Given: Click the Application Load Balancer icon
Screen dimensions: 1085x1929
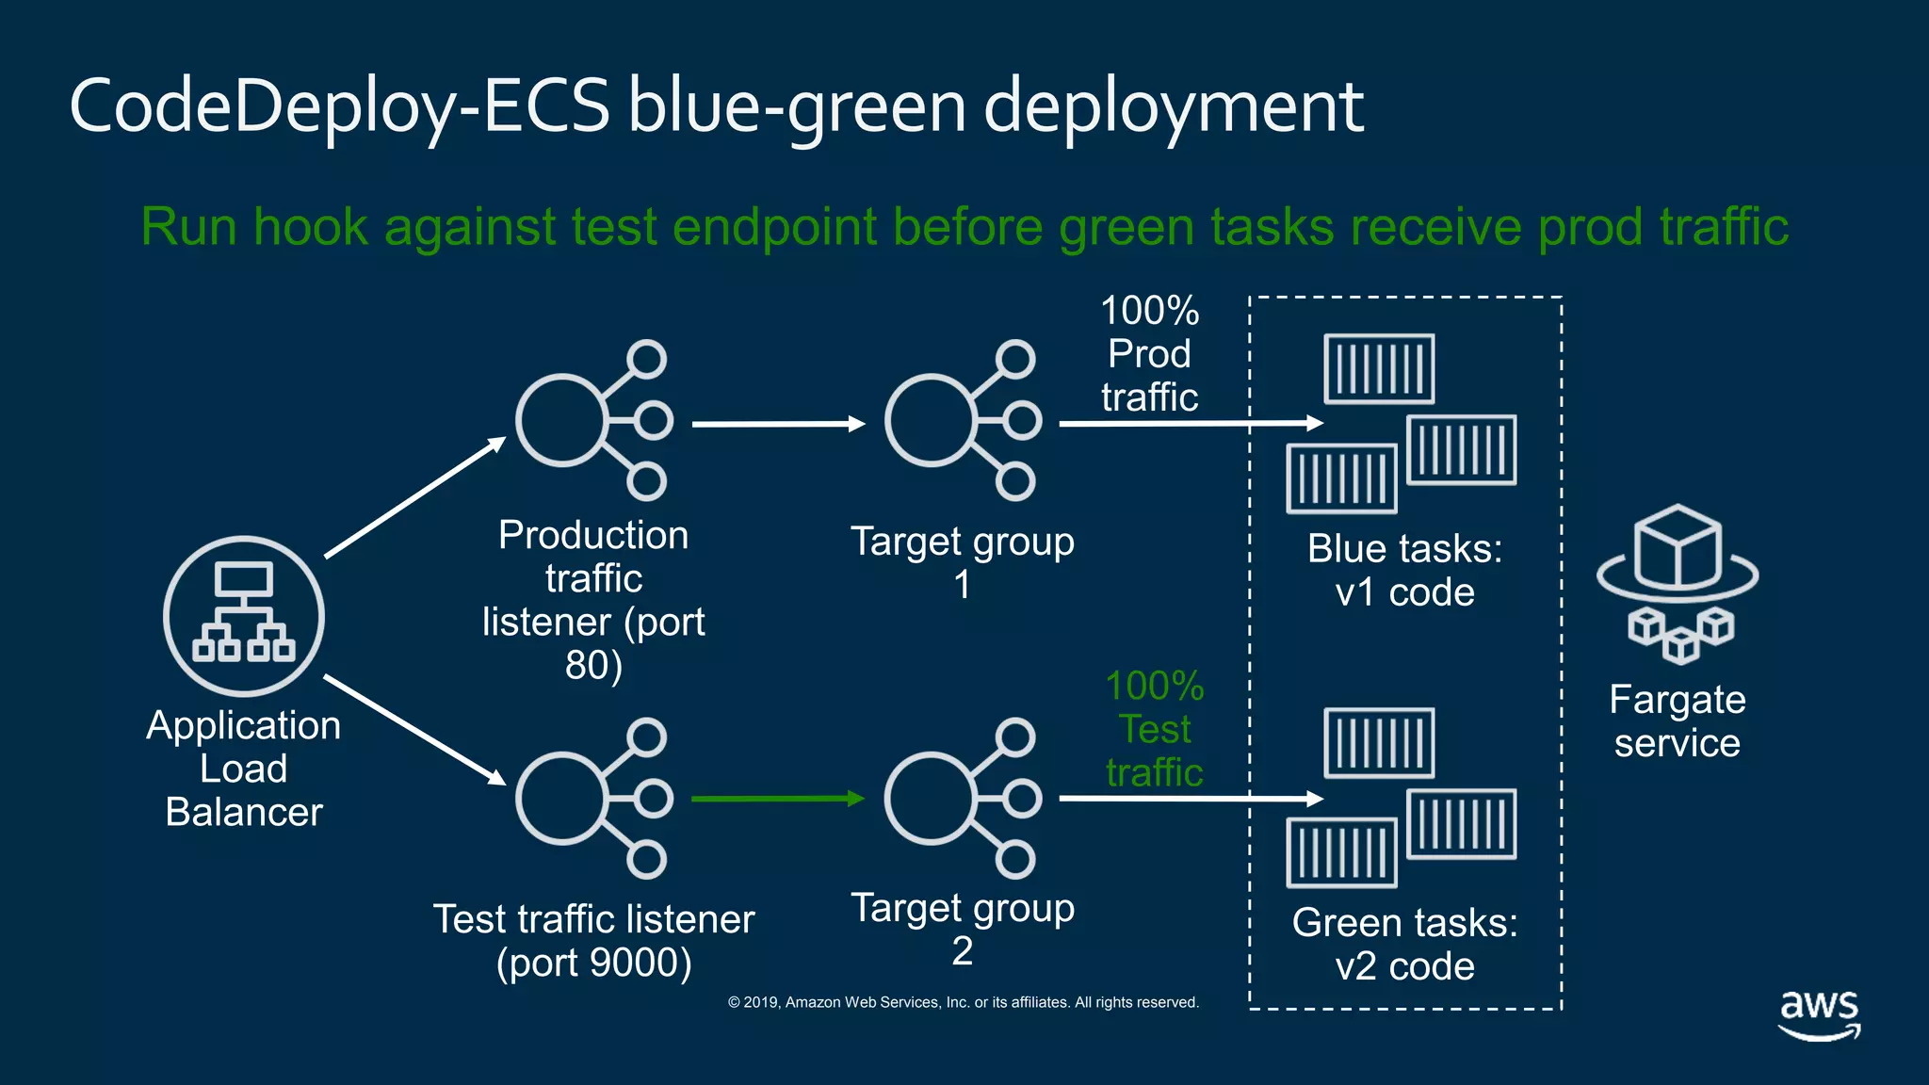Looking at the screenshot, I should point(244,617).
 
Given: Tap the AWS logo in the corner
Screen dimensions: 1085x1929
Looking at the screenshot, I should point(1819,1013).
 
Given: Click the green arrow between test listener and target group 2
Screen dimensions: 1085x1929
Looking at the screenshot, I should point(777,799).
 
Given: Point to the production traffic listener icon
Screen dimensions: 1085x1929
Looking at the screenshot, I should point(593,420).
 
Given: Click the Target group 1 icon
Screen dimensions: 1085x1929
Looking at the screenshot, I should point(962,420).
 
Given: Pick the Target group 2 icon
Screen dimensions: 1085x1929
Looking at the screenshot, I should point(962,799).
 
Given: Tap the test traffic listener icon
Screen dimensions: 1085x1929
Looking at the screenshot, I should point(593,799).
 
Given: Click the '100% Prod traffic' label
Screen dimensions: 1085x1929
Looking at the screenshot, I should point(1149,354).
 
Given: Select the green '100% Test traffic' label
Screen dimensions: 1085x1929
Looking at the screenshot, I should point(1154,729).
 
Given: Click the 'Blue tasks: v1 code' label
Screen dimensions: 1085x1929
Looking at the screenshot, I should point(1404,571).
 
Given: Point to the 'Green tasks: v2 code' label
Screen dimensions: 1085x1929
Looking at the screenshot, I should point(1404,945).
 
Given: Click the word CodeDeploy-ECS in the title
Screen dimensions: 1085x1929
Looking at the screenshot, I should point(339,105).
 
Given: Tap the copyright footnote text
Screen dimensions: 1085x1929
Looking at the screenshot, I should point(963,1002).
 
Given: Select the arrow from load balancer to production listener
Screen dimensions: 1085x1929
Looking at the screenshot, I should point(414,498).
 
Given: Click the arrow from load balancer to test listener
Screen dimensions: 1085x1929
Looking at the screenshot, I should point(414,729).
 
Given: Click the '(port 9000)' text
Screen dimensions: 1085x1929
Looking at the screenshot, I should point(593,963).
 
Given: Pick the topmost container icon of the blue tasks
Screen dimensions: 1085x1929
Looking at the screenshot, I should point(1379,368).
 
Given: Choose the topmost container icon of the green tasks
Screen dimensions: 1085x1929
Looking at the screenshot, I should point(1379,743).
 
